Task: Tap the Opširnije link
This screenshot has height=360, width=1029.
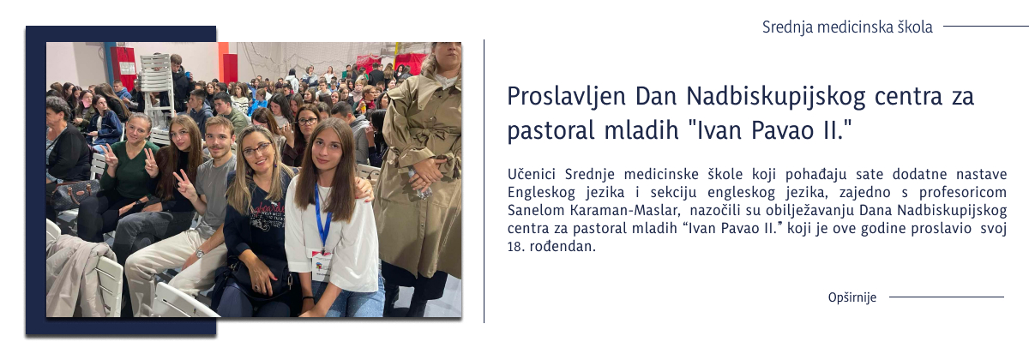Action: (x=851, y=297)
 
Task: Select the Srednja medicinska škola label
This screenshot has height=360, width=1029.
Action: (x=847, y=27)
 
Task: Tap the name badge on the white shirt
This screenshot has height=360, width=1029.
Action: (x=321, y=263)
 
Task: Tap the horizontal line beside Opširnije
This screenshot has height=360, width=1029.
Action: (x=946, y=297)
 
